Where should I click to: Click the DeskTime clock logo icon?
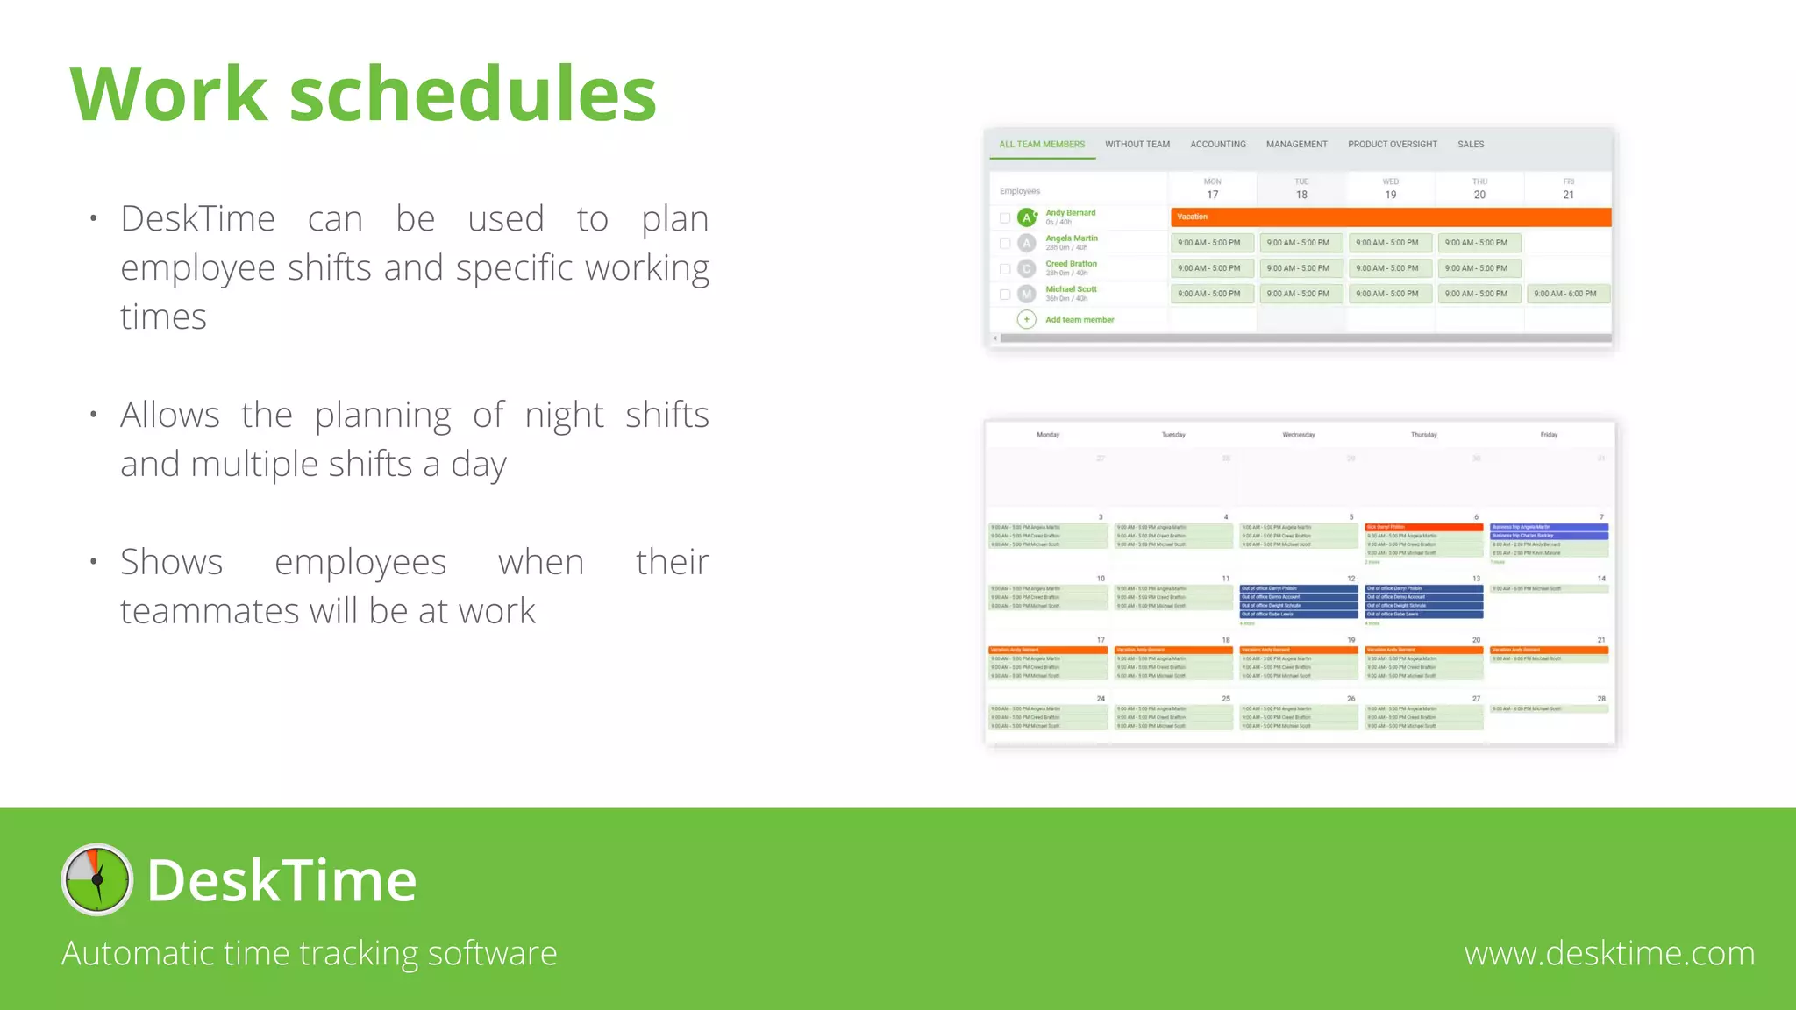(96, 879)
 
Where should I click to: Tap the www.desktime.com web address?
(1609, 953)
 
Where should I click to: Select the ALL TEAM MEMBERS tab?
(1042, 145)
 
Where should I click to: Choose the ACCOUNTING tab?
(1217, 145)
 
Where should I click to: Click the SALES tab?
(1471, 145)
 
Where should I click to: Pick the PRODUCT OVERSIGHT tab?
(1392, 145)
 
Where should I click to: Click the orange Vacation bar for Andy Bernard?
(1390, 217)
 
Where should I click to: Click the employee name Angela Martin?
(1071, 238)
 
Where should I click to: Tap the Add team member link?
(1079, 320)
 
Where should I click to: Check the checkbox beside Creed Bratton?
(1005, 269)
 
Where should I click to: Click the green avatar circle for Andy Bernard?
(1026, 217)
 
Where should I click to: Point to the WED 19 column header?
(1390, 189)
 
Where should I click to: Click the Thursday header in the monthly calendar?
(1423, 435)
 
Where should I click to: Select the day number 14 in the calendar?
(1600, 579)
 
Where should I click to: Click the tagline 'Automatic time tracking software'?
(309, 953)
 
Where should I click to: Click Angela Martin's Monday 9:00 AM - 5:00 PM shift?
(1209, 243)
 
